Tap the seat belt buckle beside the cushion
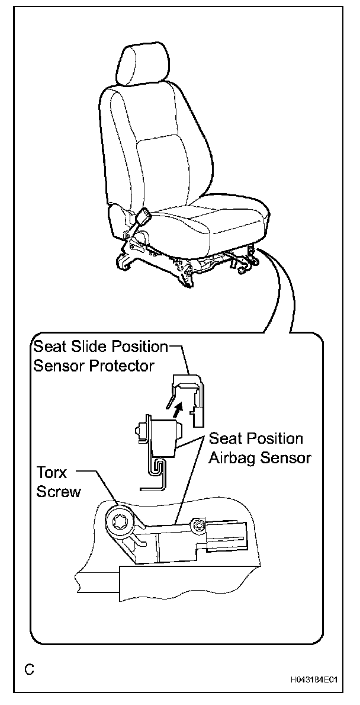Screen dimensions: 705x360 click(143, 222)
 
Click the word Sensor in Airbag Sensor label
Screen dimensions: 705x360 click(284, 457)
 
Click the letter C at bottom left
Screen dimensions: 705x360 click(29, 670)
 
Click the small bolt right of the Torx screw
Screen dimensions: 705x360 click(198, 525)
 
